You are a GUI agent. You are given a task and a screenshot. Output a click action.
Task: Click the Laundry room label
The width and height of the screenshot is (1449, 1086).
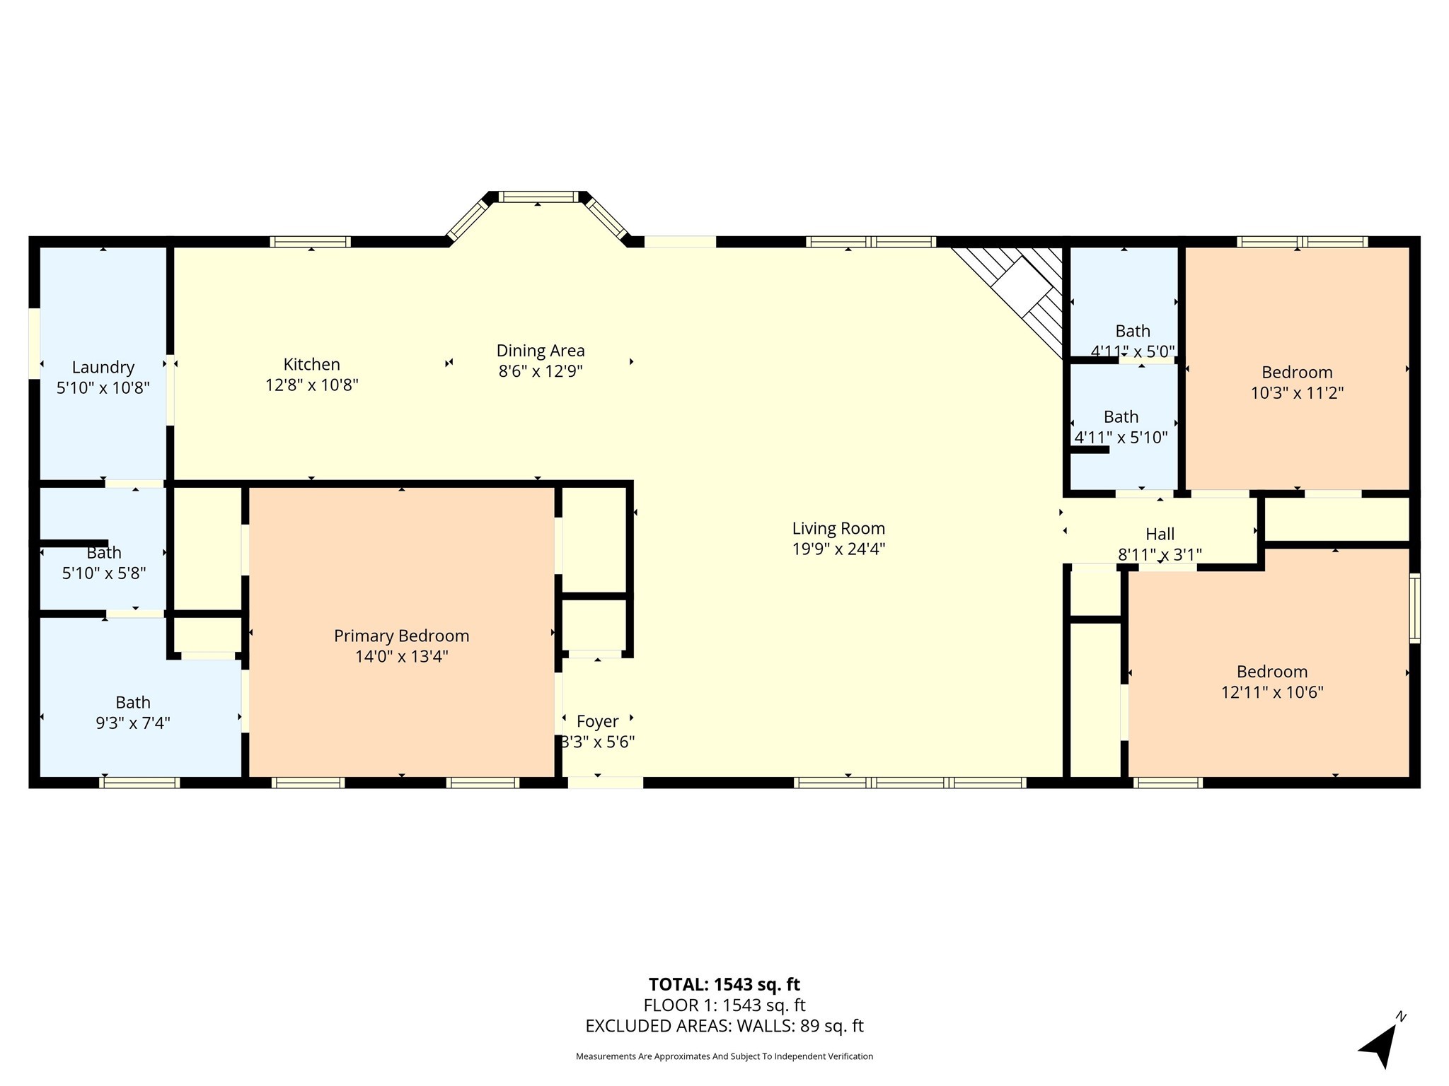click(103, 368)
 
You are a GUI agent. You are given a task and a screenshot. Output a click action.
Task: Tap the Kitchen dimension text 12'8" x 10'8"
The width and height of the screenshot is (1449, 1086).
click(312, 385)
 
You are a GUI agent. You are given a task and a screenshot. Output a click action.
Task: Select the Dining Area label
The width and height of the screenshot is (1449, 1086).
click(541, 351)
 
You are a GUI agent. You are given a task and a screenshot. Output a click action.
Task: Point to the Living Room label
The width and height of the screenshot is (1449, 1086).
click(838, 528)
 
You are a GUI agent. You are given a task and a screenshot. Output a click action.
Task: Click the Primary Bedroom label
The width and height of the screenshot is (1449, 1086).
click(401, 636)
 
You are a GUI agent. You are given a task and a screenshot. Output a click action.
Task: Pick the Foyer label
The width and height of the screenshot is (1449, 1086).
click(598, 721)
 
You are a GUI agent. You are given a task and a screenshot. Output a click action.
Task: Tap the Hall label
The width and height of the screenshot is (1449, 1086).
click(1160, 535)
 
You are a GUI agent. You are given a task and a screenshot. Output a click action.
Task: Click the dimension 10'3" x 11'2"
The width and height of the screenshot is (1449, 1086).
click(1297, 393)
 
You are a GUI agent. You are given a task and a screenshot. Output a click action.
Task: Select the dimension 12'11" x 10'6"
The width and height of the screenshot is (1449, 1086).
click(1272, 692)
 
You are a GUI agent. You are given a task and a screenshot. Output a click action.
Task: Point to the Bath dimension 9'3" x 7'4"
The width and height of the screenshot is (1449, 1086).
click(133, 723)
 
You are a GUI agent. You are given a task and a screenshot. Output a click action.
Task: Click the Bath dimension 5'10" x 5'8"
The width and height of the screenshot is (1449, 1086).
click(104, 573)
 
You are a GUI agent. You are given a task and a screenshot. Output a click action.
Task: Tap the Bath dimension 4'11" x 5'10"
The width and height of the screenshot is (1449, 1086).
click(1121, 438)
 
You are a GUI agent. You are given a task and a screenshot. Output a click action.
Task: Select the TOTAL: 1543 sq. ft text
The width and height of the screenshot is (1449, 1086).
click(724, 984)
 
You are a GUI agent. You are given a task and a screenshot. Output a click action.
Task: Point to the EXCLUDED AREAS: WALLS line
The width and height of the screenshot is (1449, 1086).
click(724, 1026)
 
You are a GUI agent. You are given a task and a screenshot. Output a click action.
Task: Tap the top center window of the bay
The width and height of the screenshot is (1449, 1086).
click(538, 197)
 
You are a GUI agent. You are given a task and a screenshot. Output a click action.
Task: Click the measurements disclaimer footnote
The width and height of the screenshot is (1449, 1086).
click(724, 1056)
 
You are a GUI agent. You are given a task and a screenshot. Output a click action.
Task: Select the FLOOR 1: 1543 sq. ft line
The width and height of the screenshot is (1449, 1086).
click(724, 1005)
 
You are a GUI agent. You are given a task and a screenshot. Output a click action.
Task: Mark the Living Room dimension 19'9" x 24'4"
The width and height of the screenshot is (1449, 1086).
click(838, 549)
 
